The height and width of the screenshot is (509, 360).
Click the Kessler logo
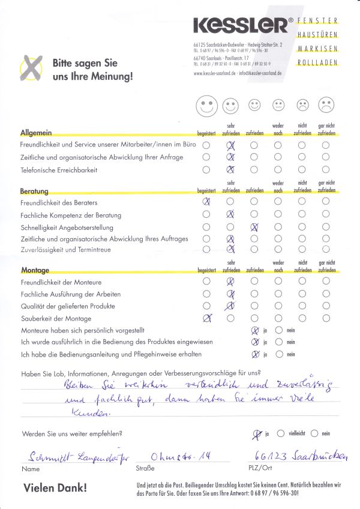click(x=240, y=25)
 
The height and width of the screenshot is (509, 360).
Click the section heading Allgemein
click(x=37, y=132)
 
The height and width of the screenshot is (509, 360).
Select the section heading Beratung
click(x=34, y=190)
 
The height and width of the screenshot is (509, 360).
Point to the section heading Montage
click(x=35, y=270)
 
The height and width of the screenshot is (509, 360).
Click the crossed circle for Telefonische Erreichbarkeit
click(x=230, y=170)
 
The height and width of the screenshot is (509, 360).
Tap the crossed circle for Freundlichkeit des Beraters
click(x=207, y=202)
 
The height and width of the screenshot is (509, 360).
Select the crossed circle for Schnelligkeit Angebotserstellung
click(x=254, y=227)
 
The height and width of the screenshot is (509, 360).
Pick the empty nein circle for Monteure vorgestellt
click(x=278, y=330)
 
